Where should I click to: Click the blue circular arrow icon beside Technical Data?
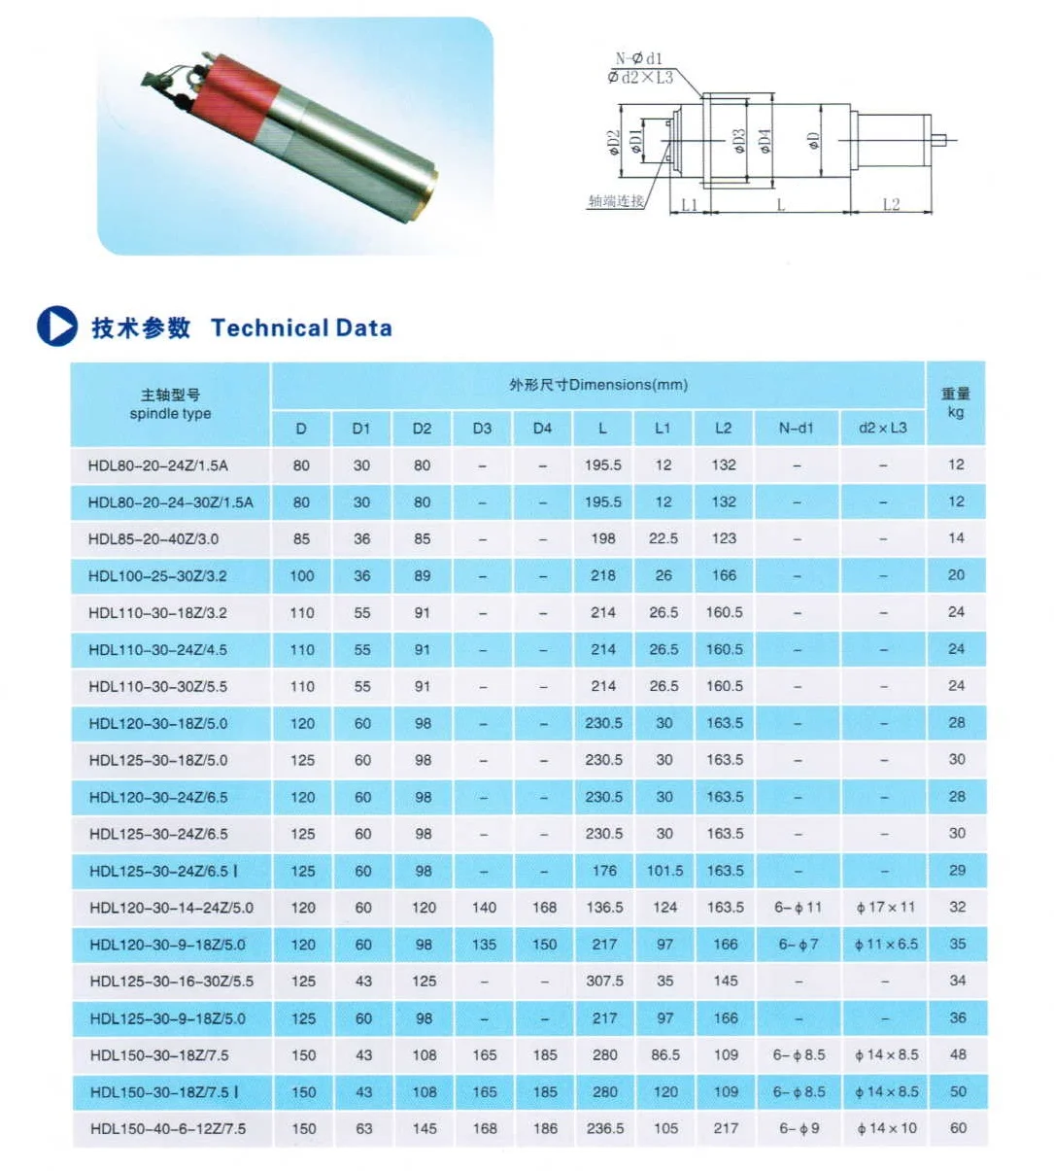coord(56,327)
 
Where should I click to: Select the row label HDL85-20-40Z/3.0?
coord(153,538)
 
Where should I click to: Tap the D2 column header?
coord(422,428)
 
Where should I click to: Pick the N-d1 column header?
coord(796,428)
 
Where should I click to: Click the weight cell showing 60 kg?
coord(958,1128)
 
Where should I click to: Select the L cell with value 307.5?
coord(604,981)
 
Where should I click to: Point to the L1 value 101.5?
coord(664,871)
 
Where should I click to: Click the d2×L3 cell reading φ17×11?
coord(885,907)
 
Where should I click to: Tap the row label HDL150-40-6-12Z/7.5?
coord(168,1128)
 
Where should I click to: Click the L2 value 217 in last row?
coord(726,1128)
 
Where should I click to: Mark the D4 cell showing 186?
coord(545,1128)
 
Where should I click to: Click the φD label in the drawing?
coord(814,141)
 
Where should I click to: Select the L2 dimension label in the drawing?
coord(891,204)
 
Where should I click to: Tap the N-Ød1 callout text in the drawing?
coord(638,59)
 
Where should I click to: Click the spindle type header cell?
coord(170,404)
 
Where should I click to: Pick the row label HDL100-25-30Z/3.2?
coord(157,575)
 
